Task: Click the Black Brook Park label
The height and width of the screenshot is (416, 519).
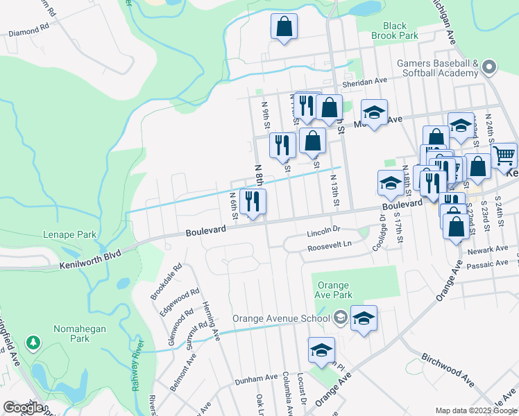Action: (x=394, y=31)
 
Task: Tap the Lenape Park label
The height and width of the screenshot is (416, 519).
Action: (x=69, y=234)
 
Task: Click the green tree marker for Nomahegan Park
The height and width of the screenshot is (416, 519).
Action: (x=33, y=342)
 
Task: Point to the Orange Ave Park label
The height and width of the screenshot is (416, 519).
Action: (x=335, y=290)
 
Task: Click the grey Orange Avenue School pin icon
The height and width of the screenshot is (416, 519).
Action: (x=340, y=318)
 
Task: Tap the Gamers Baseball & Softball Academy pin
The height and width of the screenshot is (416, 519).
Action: (x=490, y=67)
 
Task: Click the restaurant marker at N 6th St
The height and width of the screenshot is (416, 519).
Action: (x=253, y=202)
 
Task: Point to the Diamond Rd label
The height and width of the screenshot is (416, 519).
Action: (x=28, y=32)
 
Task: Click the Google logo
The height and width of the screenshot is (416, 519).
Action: (x=23, y=407)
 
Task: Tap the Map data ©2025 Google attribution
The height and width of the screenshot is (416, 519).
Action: (x=475, y=410)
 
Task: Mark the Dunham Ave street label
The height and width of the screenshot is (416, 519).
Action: (x=256, y=379)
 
